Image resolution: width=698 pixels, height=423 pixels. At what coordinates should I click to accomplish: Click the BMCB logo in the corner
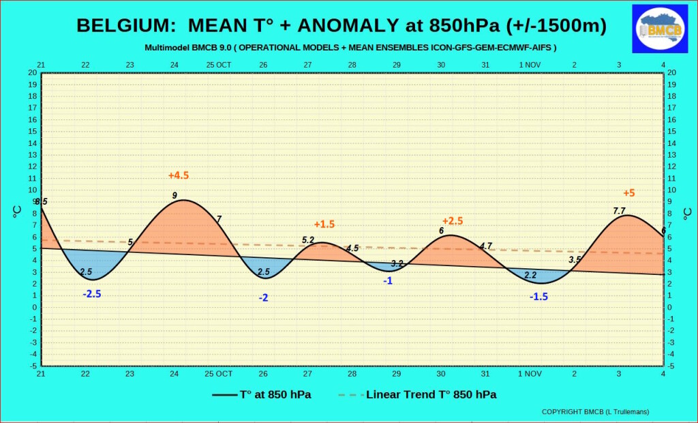coord(660,29)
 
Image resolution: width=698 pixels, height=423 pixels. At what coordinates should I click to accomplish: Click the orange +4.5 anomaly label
coord(179,175)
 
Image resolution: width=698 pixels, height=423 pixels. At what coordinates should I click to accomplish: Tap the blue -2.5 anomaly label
coord(92,294)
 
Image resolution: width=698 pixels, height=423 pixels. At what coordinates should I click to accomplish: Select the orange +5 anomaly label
coord(629,193)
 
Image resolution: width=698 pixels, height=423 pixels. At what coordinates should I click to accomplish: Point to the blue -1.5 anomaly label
coord(538,296)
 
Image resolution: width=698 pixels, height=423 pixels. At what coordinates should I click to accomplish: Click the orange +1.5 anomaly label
coord(324,224)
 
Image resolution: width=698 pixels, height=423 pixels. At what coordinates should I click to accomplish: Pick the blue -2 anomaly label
coord(264,297)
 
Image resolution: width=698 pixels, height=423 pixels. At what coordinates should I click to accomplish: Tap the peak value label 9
coord(174,195)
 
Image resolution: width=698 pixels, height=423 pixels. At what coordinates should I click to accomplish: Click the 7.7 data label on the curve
coord(619,211)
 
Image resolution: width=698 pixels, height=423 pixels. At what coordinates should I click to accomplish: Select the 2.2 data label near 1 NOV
coord(530,275)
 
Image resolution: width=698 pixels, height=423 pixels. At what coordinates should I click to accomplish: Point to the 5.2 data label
coord(308,239)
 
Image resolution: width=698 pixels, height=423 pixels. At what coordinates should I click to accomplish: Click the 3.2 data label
coord(397,263)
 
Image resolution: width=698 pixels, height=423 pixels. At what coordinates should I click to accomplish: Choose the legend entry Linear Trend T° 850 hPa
coord(418,394)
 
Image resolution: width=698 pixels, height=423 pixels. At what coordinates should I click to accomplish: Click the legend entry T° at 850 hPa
coord(262,394)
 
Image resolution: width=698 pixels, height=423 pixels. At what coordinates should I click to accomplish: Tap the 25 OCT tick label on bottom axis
coord(218,373)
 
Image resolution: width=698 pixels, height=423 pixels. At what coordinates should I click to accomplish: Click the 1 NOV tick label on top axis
coord(530,65)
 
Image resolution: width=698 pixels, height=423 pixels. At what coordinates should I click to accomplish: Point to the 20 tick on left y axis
coord(33,72)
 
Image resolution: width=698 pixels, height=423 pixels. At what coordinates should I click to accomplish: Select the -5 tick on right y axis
coord(671,366)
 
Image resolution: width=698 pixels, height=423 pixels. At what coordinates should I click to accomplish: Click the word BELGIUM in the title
coord(122,25)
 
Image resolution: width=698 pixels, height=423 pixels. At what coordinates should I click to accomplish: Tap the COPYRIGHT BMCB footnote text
coord(595,412)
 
